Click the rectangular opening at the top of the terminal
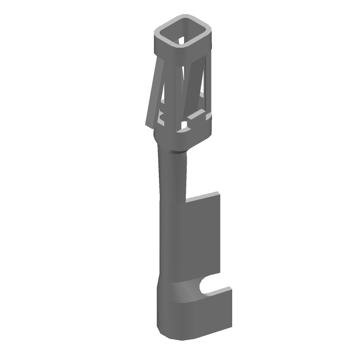tap(183, 35)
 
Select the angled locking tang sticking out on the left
tap(153, 92)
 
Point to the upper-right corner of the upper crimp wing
tap(220, 193)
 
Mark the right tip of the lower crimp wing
tap(230, 288)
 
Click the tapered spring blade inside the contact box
tap(187, 90)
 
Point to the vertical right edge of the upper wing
tap(220, 234)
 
